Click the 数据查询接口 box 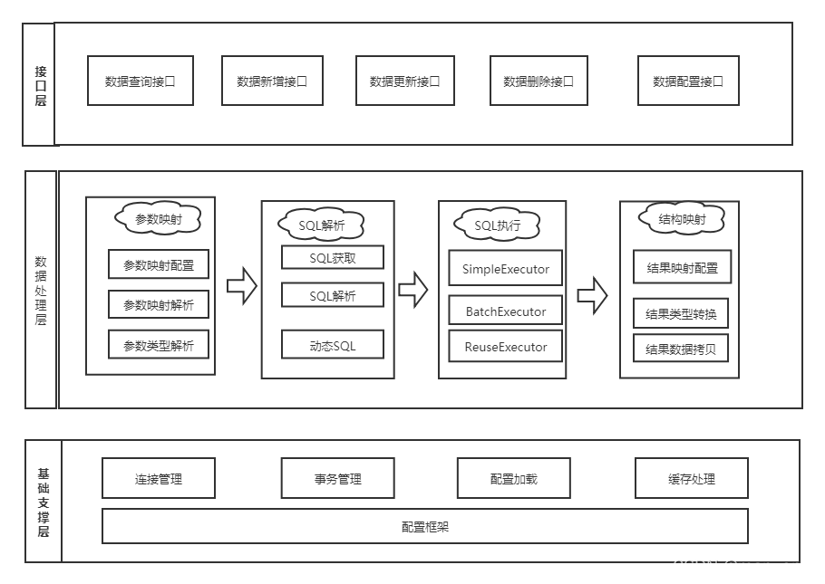[x=141, y=81]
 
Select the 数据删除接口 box [x=539, y=81]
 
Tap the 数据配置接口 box [x=688, y=81]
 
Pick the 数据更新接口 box [x=404, y=81]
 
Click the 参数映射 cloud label [x=159, y=219]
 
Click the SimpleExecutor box [x=506, y=269]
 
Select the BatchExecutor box [x=506, y=311]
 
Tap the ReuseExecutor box [x=506, y=347]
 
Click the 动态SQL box [x=333, y=345]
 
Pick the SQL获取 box [x=333, y=258]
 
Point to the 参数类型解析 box [x=159, y=345]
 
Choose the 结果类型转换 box [x=681, y=314]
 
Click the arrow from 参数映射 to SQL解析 [x=241, y=287]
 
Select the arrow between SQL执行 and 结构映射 [x=592, y=295]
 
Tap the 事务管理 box [x=337, y=478]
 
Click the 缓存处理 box [x=692, y=478]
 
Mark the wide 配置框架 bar [x=424, y=526]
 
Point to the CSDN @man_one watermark [x=741, y=566]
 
